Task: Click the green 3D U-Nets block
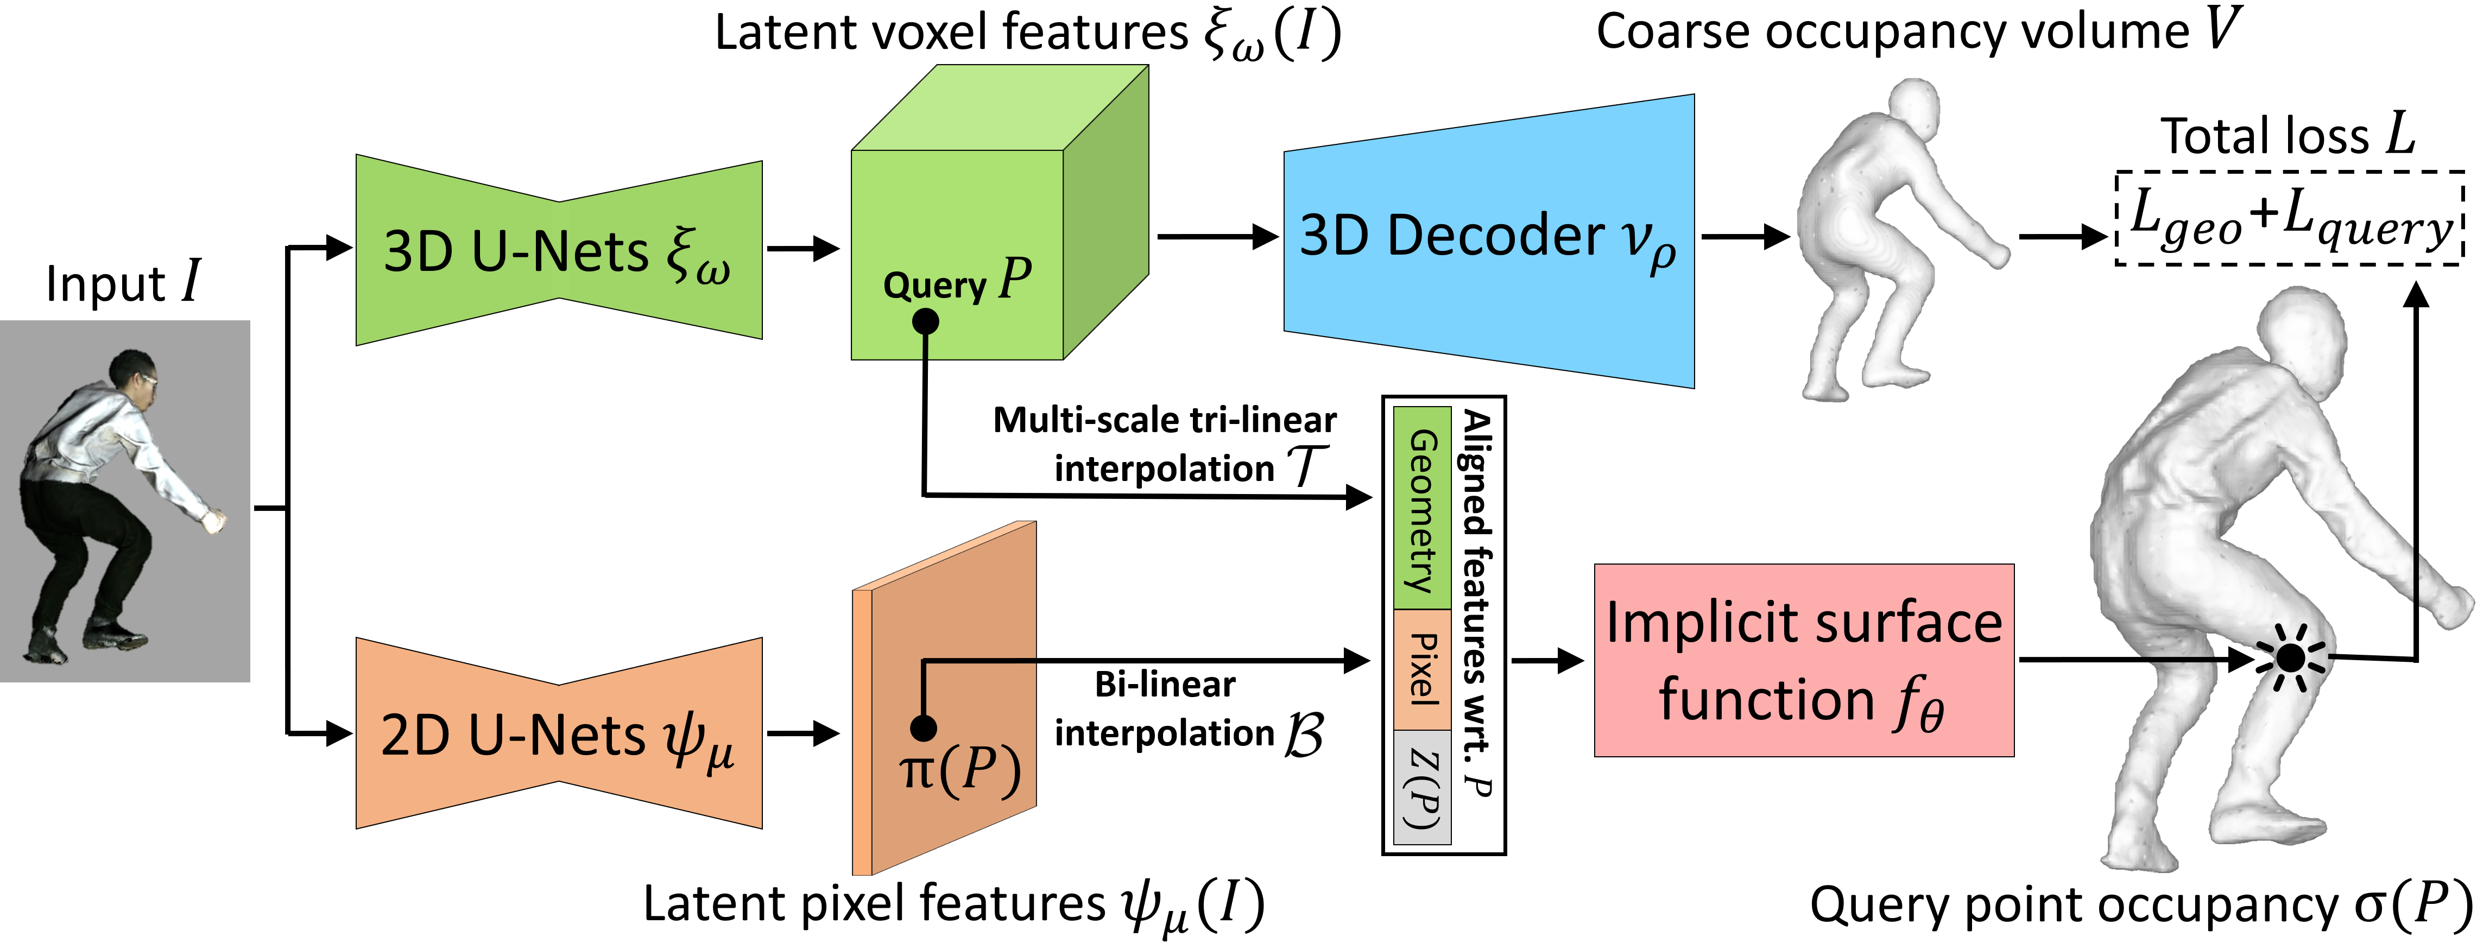[558, 250]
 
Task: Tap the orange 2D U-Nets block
[558, 733]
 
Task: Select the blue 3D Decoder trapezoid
[1488, 241]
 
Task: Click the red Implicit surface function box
[1803, 660]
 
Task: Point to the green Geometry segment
[1422, 508]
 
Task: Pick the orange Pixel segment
[1422, 669]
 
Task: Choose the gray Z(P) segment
[1422, 786]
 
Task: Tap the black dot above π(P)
[923, 727]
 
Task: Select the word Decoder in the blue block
[1495, 236]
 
